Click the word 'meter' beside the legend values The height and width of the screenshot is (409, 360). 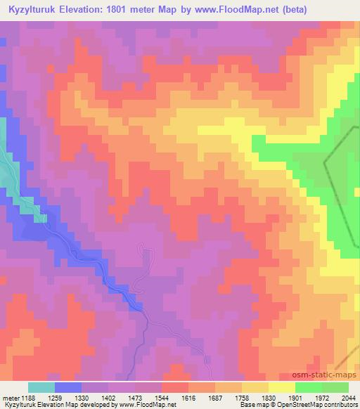pyautogui.click(x=11, y=396)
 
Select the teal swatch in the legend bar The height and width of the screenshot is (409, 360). pyautogui.click(x=41, y=387)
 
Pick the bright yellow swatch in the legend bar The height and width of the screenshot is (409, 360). pyautogui.click(x=282, y=387)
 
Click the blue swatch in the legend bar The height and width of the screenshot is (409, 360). pyautogui.click(x=68, y=387)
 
